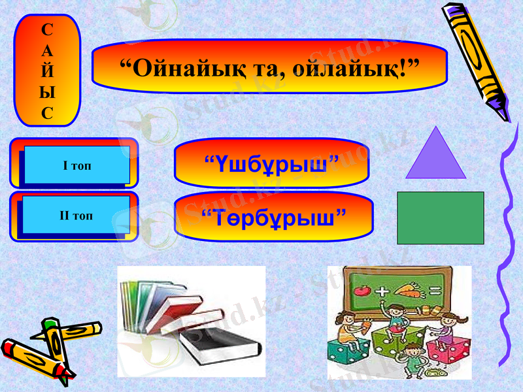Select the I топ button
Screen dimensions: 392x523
coord(76,165)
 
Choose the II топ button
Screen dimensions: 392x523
coord(76,216)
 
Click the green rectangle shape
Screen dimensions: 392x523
coord(440,218)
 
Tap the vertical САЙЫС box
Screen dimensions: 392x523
coord(47,71)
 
